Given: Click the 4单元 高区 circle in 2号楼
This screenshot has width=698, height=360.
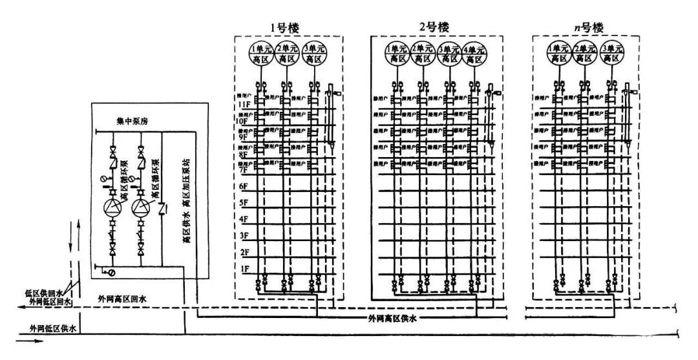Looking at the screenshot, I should click(x=474, y=54).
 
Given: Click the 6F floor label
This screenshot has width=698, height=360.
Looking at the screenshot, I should click(x=243, y=187).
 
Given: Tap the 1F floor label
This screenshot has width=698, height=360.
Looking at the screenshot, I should click(x=243, y=268).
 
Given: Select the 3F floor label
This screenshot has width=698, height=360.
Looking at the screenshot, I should click(x=243, y=235).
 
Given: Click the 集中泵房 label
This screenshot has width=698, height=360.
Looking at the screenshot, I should click(x=132, y=121).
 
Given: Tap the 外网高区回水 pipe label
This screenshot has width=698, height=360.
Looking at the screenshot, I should click(x=123, y=299).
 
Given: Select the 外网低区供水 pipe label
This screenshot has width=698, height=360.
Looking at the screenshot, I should click(x=48, y=329).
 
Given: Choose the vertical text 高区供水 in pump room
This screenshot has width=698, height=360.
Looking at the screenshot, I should click(x=187, y=227).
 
